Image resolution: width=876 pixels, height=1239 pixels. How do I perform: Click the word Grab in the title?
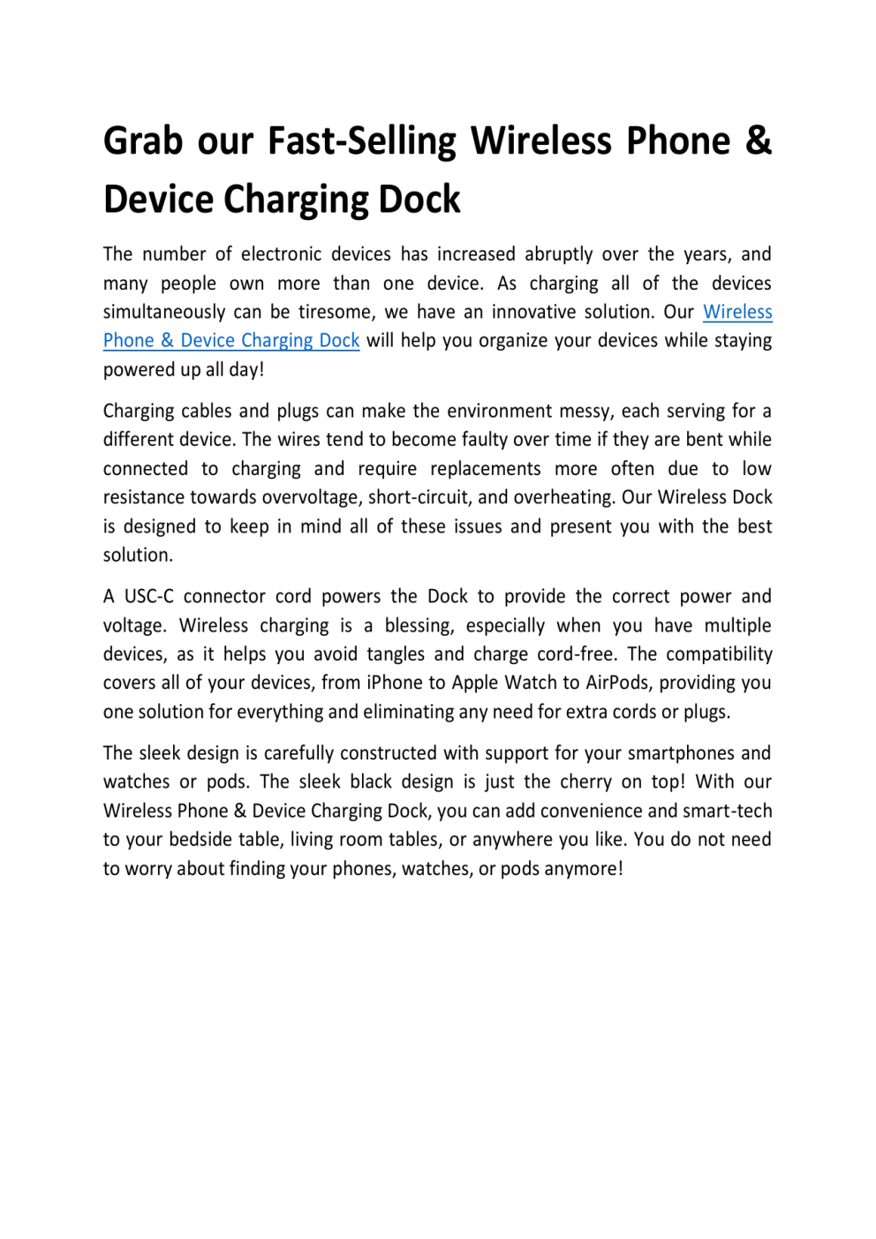pyautogui.click(x=143, y=141)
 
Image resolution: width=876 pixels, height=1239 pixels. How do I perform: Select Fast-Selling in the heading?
pyautogui.click(x=362, y=141)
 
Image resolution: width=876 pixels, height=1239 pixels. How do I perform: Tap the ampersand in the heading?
pyautogui.click(x=758, y=141)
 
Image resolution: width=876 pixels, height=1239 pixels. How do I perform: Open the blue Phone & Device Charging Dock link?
pyautogui.click(x=231, y=341)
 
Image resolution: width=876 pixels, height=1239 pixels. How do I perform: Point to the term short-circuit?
pyautogui.click(x=419, y=497)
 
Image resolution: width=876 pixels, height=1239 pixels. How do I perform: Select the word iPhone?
pyautogui.click(x=396, y=683)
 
